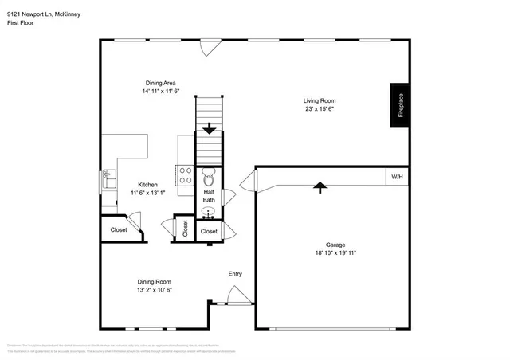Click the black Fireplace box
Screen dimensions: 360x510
[x=401, y=104]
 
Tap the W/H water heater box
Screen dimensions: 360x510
[x=396, y=176]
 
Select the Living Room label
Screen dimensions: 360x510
[x=320, y=100]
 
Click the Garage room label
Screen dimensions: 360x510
[x=335, y=245]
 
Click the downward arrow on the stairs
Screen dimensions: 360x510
[x=210, y=127]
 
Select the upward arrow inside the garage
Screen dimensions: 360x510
[x=320, y=187]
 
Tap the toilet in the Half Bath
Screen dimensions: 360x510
[x=209, y=178]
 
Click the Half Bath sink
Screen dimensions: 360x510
[x=209, y=213]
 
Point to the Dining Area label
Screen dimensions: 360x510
[x=159, y=83]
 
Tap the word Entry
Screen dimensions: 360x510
[x=235, y=274]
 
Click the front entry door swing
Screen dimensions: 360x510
[x=237, y=296]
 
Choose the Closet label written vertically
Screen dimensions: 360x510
[x=184, y=229]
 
